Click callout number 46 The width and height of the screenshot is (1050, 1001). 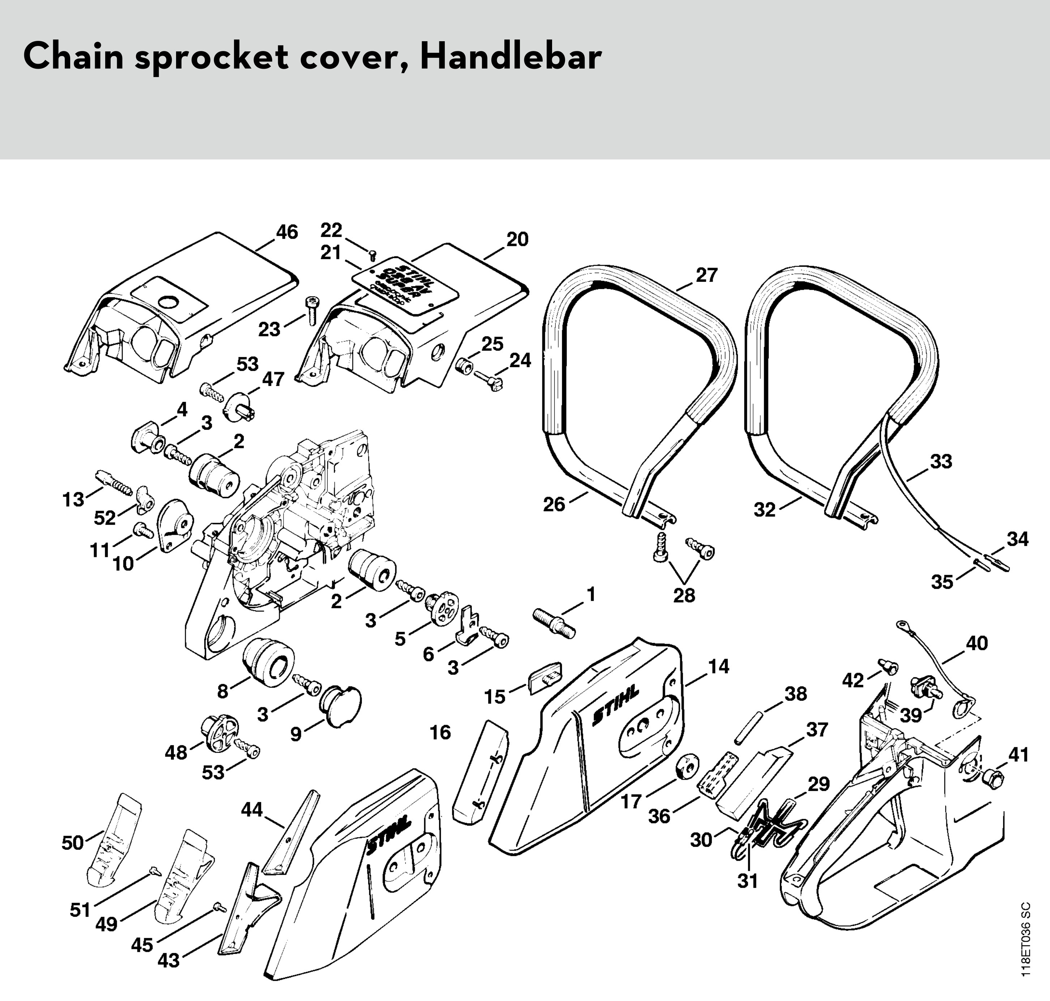[287, 232]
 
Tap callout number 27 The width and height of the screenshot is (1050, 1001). [707, 275]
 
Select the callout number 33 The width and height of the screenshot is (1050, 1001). [941, 461]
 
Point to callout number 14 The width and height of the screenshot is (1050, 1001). [719, 666]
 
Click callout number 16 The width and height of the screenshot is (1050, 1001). [440, 733]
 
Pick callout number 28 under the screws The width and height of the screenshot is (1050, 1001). [684, 596]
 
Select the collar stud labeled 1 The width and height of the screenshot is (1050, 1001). [554, 623]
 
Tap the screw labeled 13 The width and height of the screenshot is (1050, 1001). [114, 482]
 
